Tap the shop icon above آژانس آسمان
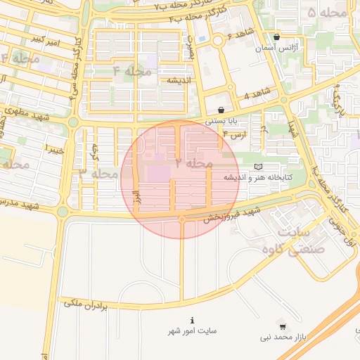pos(276,37)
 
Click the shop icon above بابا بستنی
pos(221,110)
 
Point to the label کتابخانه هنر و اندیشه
pos(256,177)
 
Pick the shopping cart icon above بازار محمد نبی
pos(282,327)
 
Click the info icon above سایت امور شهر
pos(192,320)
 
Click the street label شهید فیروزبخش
pos(232,214)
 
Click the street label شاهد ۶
pos(239,38)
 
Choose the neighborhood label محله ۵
pos(328,13)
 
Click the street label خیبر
pos(55,149)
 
